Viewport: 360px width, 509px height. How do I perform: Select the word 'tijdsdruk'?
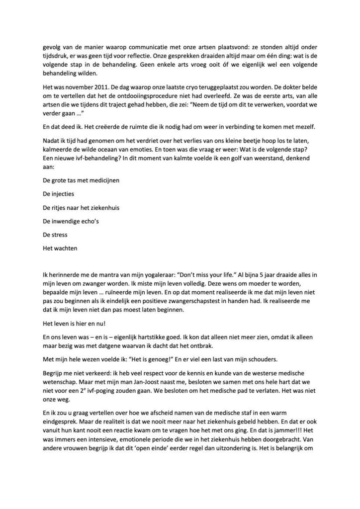pos(55,57)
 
